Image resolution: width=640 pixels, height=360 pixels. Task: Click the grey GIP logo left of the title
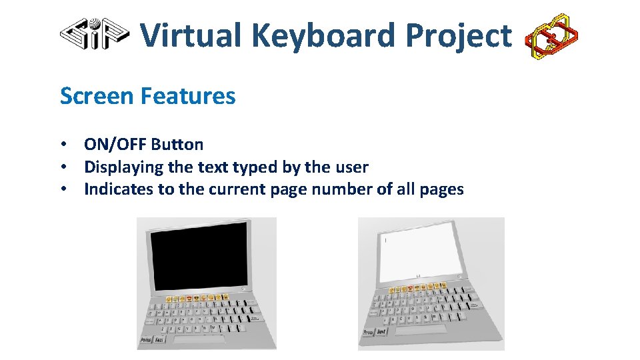click(x=94, y=33)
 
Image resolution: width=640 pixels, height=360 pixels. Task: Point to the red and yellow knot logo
click(x=551, y=36)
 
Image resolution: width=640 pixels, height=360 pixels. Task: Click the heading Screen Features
click(x=147, y=96)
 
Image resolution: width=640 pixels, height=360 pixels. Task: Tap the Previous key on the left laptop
click(x=146, y=341)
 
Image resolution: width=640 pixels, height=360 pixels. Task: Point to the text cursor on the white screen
click(x=384, y=239)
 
